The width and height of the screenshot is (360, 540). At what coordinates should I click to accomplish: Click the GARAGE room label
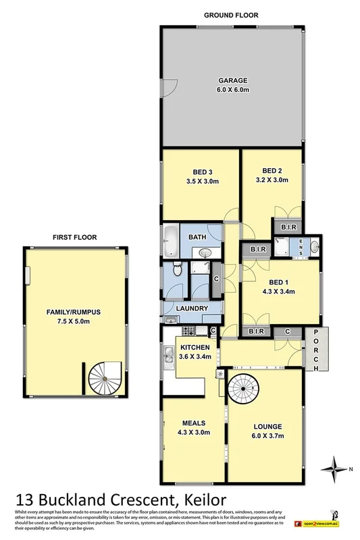[x=234, y=78]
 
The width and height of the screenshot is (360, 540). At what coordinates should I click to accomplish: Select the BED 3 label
[x=201, y=171]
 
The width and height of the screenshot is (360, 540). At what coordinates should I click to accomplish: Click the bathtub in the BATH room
[x=170, y=237]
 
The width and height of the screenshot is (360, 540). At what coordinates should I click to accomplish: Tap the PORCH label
[x=315, y=349]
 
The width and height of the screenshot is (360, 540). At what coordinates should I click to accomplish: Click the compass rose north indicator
[x=335, y=467]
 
